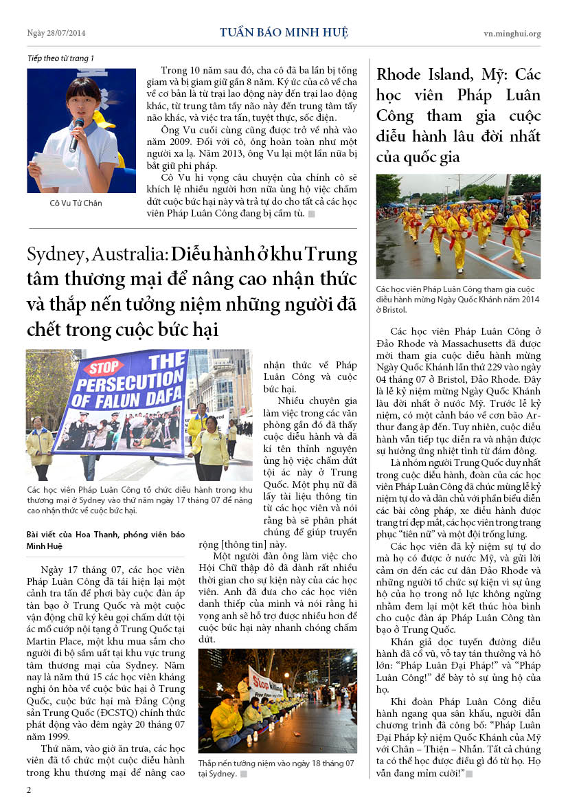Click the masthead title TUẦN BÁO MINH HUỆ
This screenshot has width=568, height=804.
pos(284,32)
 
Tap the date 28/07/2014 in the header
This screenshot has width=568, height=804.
pos(65,33)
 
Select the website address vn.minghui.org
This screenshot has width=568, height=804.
pos(512,33)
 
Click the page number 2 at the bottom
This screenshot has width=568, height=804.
pos(29,790)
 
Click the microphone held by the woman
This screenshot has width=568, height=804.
pos(76,133)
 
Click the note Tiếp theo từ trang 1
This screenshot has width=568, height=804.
pos(60,58)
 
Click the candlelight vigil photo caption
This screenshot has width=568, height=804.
pos(276,768)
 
